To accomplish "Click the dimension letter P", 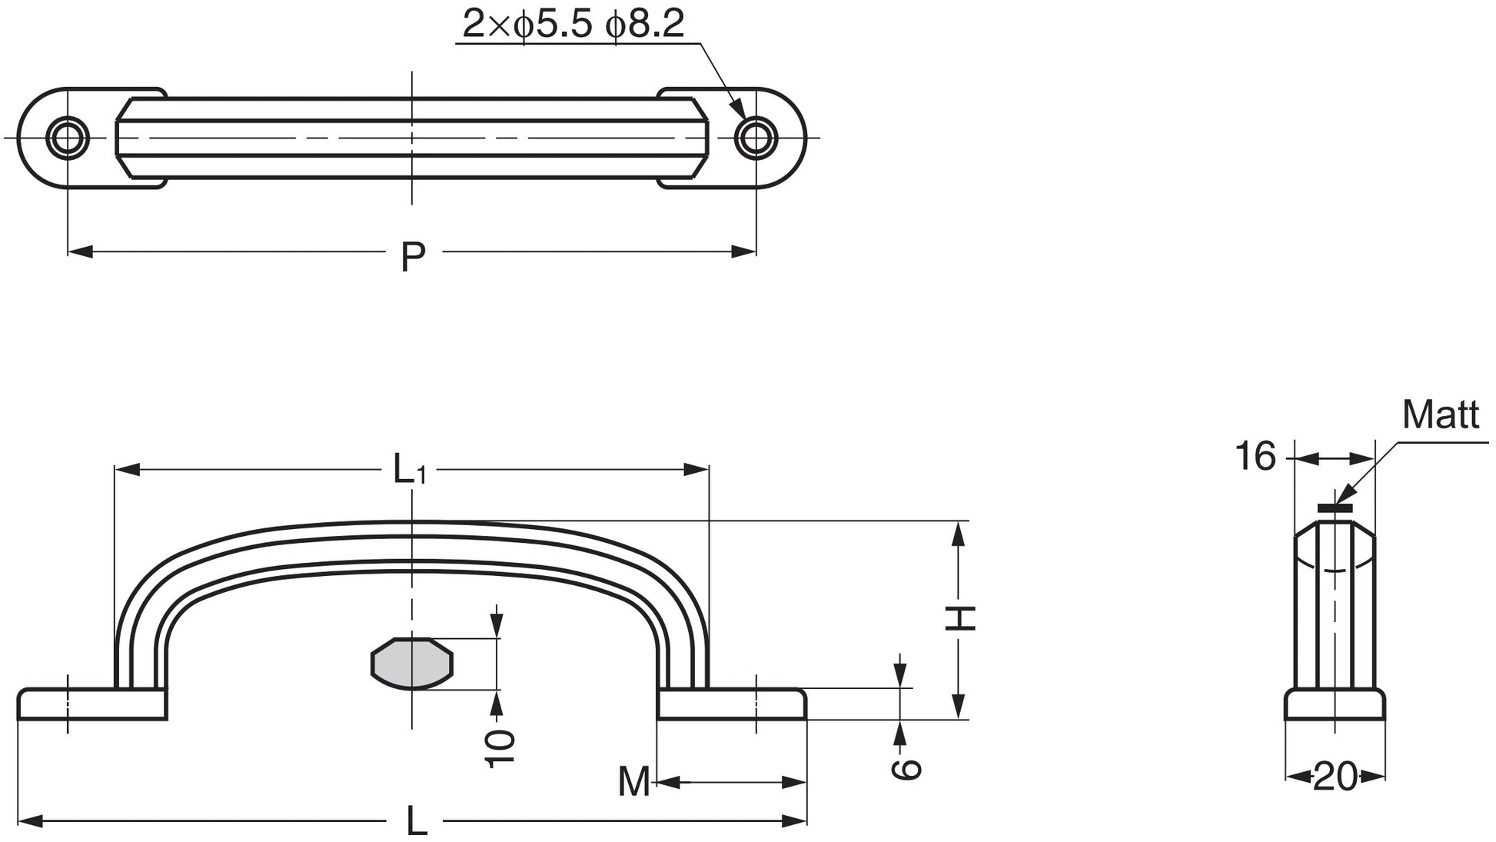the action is pos(413,257).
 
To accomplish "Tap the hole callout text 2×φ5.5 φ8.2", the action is pos(573,25).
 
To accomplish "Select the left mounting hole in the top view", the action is pos(68,138).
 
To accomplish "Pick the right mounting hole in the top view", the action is pos(756,138).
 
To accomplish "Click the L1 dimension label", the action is pos(409,469).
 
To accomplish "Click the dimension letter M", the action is pos(635,782).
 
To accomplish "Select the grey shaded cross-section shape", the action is pos(412,663).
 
